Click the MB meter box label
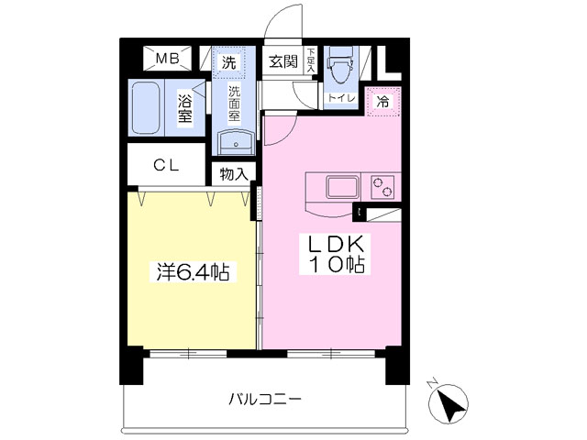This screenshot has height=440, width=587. tap(167, 59)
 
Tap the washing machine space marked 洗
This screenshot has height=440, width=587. tap(228, 62)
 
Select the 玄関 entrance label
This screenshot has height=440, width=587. tap(283, 61)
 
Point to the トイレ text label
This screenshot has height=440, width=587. tap(341, 98)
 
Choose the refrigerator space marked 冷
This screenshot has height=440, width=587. tap(383, 101)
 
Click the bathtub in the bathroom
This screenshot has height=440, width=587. tap(146, 107)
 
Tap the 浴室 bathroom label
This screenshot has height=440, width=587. tap(185, 108)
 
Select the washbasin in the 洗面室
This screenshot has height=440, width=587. tap(236, 142)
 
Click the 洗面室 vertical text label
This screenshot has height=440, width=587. tap(235, 104)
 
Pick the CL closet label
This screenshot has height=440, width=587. tap(166, 165)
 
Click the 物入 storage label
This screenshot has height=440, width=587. tap(234, 174)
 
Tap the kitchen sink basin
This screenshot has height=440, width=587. tap(341, 187)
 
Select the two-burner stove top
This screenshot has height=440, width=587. tap(382, 186)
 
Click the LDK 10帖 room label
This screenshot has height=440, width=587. tap(336, 254)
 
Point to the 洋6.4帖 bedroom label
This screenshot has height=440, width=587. tap(193, 272)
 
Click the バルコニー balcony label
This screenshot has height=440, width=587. tap(265, 400)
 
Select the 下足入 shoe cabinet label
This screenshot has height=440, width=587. tap(310, 60)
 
